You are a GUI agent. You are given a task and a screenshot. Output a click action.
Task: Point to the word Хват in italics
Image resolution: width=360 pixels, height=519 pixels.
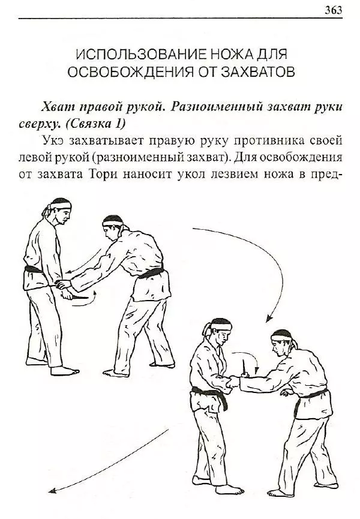coord(57,107)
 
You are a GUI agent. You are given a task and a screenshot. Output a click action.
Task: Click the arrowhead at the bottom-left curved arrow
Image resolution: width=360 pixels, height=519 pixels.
coord(52,491)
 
